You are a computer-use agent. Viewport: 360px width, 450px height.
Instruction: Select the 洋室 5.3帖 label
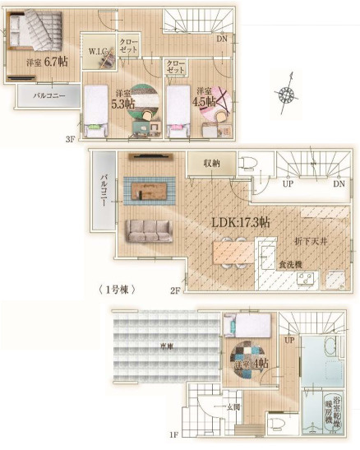pos(124,99)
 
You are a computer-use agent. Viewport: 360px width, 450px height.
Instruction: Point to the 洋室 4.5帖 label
pos(205,97)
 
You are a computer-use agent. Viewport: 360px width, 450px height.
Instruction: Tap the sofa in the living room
pos(149,230)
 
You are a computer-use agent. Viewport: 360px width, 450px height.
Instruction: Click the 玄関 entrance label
pos(233,406)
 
